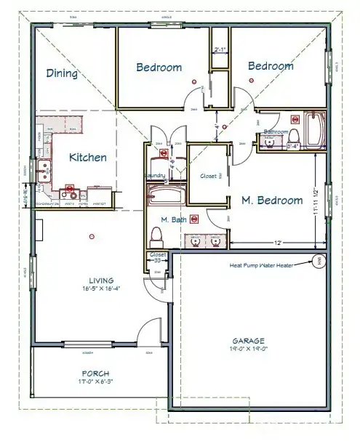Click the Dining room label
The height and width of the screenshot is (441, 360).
pos(63,73)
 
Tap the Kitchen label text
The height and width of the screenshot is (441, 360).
pos(88,157)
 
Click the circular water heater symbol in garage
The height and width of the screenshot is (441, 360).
pos(319,262)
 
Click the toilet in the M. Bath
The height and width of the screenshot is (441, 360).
pos(156,235)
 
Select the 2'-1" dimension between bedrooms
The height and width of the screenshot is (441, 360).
pos(220,50)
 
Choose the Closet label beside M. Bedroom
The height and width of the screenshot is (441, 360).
pos(208,176)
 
